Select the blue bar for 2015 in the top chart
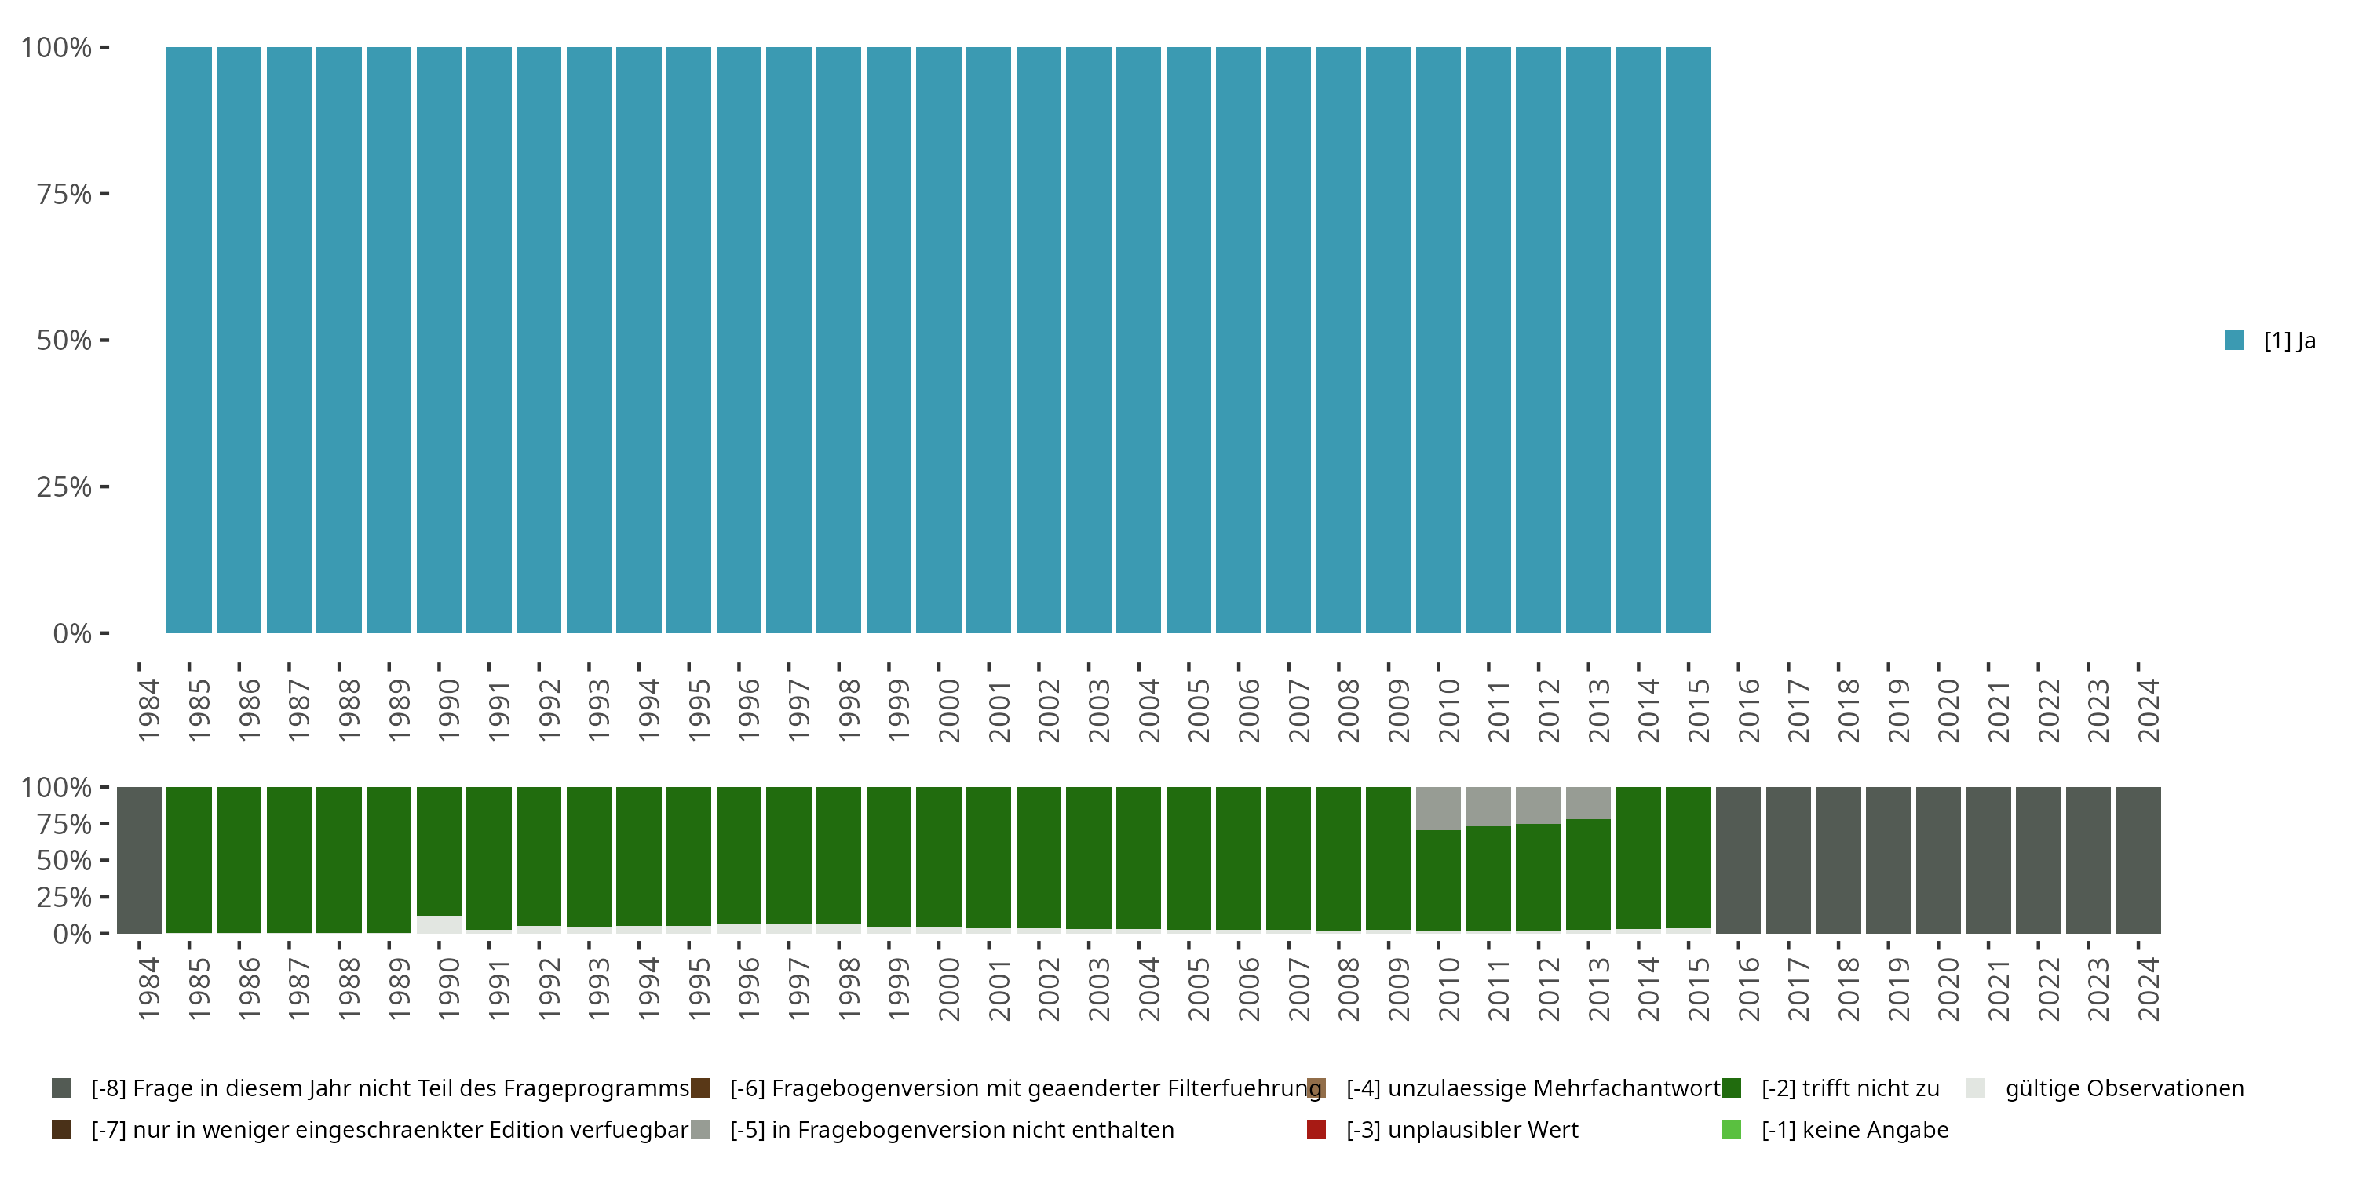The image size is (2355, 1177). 1688,340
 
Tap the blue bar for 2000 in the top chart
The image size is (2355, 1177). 939,340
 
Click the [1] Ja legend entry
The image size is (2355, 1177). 2270,341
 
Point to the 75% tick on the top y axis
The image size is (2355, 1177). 104,194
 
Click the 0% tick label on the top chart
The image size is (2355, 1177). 72,633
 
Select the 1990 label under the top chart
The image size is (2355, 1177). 448,710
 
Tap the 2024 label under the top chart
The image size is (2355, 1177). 2148,710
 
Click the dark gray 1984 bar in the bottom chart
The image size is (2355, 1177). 139,860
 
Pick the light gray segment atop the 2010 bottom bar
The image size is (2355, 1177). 1438,808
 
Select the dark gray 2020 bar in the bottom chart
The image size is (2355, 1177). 1938,860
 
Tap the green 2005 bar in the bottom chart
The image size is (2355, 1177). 1188,858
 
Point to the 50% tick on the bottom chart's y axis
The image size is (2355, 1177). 104,860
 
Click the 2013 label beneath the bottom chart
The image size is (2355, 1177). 1598,989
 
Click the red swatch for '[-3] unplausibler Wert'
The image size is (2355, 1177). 1316,1129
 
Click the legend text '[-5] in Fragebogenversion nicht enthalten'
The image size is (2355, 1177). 951,1129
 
